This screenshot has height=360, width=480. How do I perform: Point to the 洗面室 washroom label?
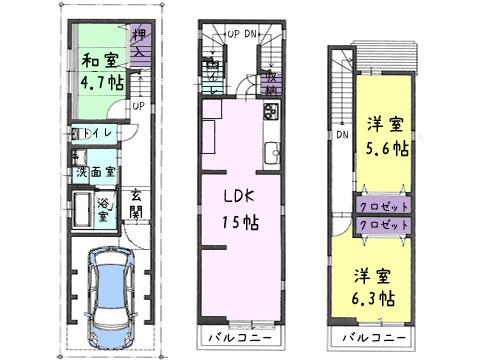94,172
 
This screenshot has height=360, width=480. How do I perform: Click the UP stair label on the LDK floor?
234,34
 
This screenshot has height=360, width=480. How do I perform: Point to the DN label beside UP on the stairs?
253,34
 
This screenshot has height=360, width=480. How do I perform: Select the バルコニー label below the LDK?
238,337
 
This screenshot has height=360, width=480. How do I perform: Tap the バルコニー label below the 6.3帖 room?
375,337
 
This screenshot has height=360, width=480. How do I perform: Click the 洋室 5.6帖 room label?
384,134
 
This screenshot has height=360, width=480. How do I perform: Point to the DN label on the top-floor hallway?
341,135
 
